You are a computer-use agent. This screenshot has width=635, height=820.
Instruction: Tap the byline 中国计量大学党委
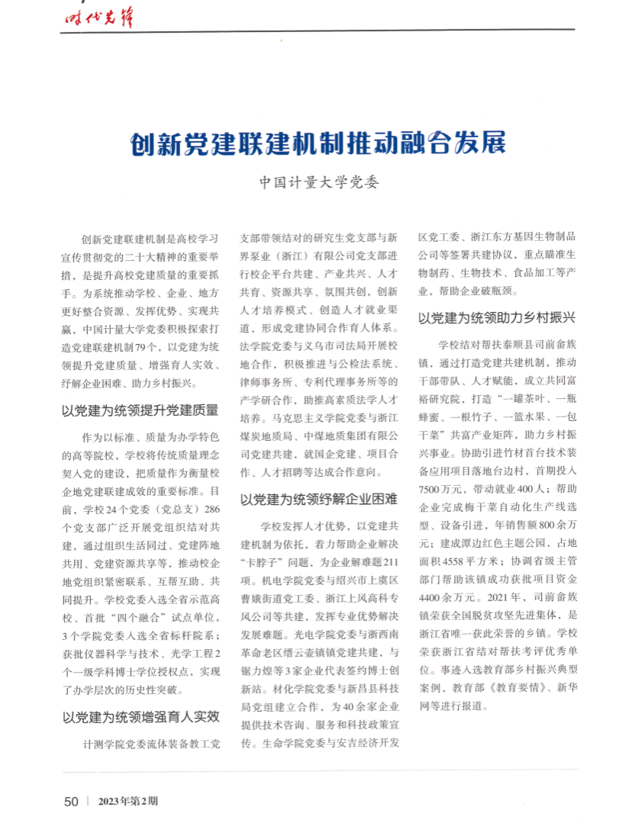click(x=318, y=183)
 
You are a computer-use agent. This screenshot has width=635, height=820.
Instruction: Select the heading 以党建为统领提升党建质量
click(x=140, y=410)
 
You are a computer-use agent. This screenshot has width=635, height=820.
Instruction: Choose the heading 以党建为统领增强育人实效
click(x=140, y=716)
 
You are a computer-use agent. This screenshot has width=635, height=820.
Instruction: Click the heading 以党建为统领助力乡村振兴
click(x=497, y=317)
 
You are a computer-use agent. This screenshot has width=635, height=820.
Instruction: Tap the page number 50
click(x=71, y=801)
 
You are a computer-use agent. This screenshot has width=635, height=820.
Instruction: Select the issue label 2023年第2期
click(x=127, y=801)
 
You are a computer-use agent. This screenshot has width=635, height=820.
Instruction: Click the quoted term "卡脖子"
click(x=259, y=564)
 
